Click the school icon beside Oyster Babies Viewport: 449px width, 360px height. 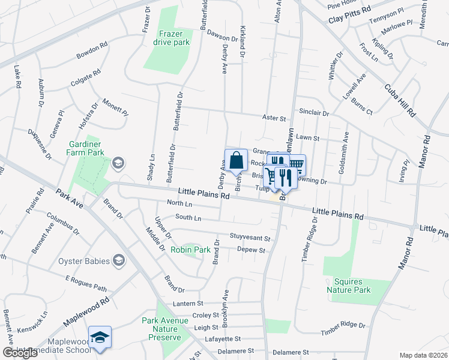coord(119,260)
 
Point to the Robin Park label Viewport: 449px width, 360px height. coord(189,250)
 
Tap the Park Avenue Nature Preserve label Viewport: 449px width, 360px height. coord(161,329)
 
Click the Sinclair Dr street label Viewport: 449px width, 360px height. coord(314,113)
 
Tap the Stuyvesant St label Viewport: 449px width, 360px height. coord(250,238)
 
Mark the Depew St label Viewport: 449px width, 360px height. coord(251,249)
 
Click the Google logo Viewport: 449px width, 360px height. coord(20,353)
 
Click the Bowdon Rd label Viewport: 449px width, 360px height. coord(92,52)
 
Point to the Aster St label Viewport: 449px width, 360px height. coord(274,119)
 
